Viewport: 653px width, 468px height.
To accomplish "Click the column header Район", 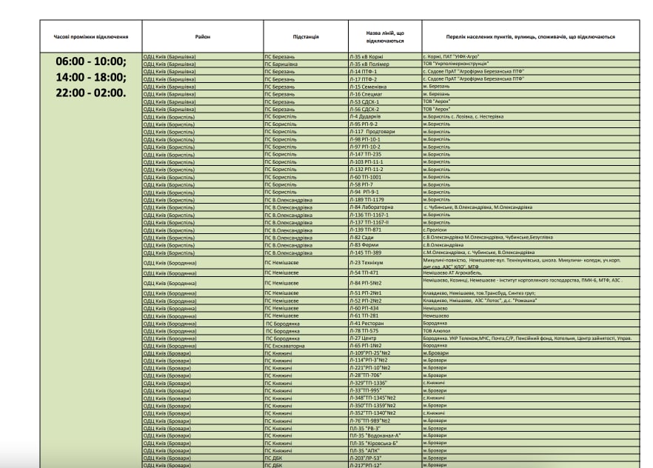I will point(202,36).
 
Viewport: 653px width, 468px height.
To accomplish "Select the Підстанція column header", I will point(306,36).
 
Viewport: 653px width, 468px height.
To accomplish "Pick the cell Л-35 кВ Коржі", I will point(369,56).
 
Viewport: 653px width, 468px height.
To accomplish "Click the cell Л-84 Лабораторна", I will point(372,207).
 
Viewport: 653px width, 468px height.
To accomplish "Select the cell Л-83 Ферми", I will point(365,245).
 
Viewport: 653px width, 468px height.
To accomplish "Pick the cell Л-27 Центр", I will point(364,338).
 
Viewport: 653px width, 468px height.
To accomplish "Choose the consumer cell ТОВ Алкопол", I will point(437,330).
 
